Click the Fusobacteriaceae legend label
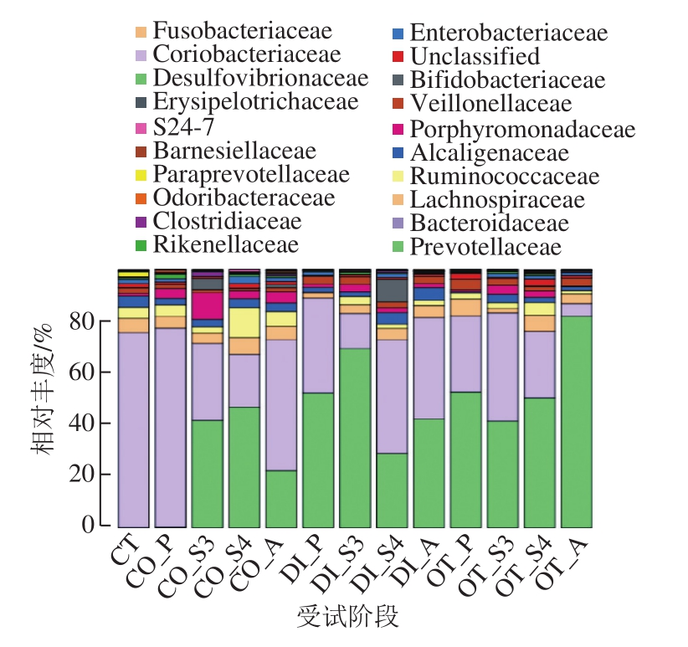click(243, 32)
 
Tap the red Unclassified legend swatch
click(398, 58)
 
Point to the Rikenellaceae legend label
click(224, 245)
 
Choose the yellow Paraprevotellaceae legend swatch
click(141, 175)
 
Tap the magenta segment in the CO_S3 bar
click(207, 305)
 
